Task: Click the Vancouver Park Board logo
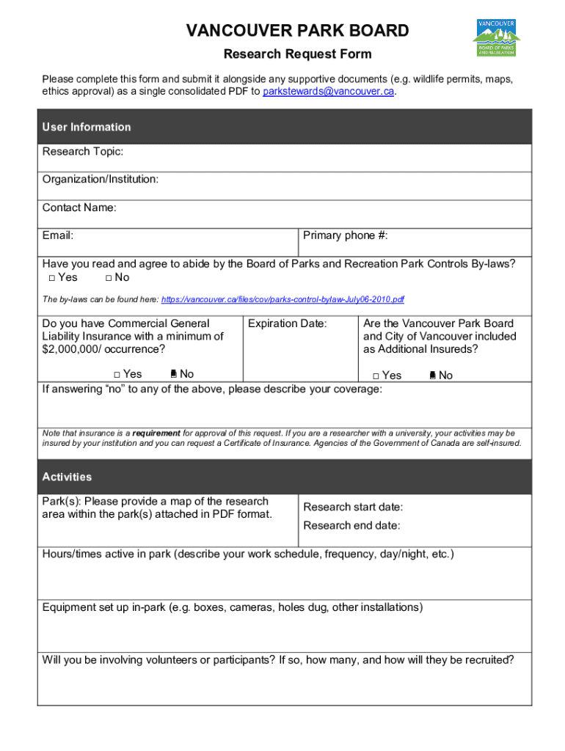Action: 496,37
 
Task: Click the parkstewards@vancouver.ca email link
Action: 329,92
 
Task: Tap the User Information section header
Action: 87,127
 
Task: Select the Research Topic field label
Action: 82,152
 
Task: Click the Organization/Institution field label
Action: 101,180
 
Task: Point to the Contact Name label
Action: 79,208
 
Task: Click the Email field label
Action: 58,235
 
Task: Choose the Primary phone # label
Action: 346,235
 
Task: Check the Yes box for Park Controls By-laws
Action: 52,278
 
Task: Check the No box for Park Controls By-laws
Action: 109,278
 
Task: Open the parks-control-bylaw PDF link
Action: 282,300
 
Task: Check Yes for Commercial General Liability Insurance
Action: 117,375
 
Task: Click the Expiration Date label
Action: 288,323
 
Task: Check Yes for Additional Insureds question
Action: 376,376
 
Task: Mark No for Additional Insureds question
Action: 432,376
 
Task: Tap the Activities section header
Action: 68,477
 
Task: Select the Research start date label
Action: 353,508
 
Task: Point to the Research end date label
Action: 351,526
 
